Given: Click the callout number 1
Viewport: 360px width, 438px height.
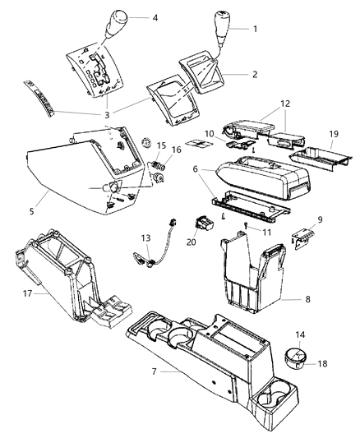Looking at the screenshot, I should point(256,29).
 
